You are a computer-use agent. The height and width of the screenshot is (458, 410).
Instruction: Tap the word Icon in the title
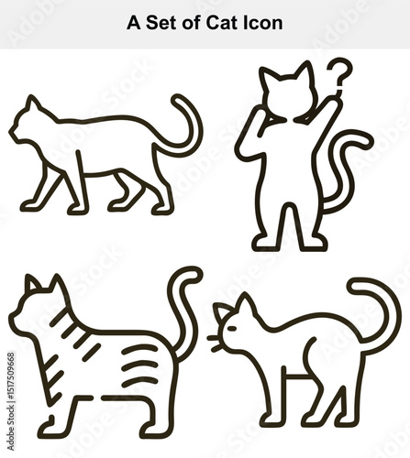point(261,23)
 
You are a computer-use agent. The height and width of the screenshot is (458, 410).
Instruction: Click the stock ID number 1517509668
point(10,386)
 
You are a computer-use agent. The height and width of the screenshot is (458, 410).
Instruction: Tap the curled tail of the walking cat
point(188,128)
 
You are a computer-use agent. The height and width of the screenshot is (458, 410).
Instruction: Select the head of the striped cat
point(41,307)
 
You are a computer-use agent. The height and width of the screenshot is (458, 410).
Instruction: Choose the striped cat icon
point(101,357)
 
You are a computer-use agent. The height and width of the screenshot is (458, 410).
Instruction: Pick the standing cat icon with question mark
point(294,156)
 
